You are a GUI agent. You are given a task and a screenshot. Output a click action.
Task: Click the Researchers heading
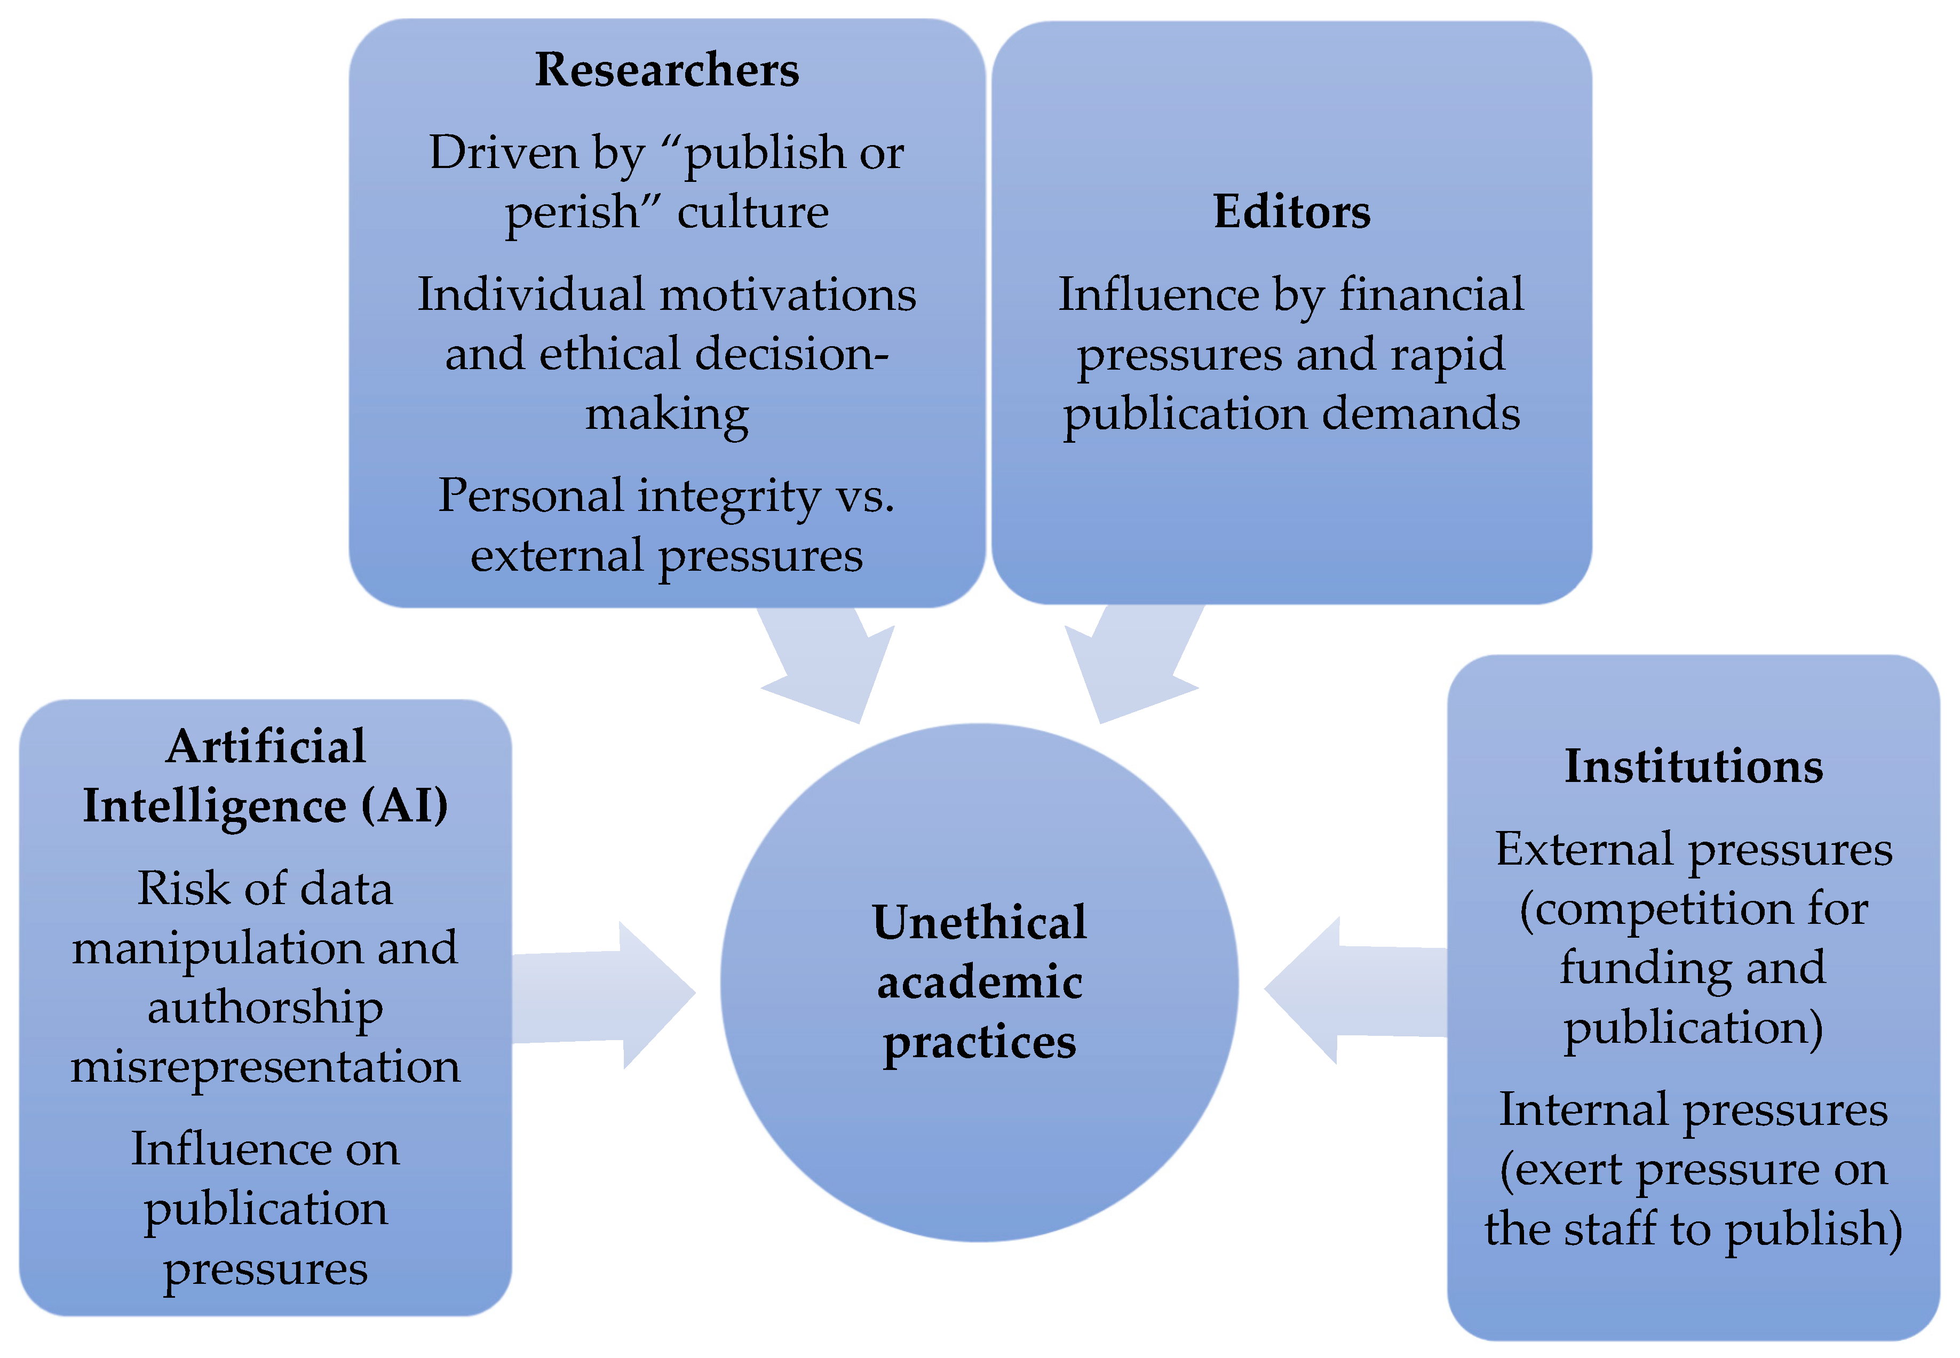[666, 70]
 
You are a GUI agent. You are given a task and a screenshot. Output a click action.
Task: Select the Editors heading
[1291, 212]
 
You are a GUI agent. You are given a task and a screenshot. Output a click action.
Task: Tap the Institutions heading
[1693, 766]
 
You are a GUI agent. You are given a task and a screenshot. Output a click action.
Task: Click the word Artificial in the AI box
[266, 747]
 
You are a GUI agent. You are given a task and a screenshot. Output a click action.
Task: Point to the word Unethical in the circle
[979, 922]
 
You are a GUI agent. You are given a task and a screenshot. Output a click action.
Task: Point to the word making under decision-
[666, 415]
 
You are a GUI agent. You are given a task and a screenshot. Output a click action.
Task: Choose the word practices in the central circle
[979, 1043]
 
